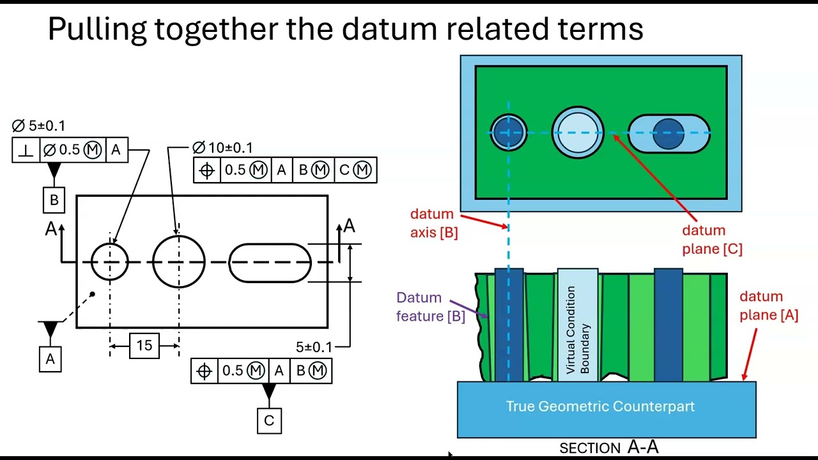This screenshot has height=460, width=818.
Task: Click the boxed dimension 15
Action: click(144, 346)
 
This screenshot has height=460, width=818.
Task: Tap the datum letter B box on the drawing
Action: click(54, 200)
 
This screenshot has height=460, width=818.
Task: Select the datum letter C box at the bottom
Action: click(269, 420)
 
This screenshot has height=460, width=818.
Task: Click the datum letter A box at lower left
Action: click(50, 359)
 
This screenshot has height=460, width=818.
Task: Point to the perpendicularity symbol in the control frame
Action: click(26, 149)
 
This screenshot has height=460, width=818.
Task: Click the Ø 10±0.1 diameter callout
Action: click(223, 148)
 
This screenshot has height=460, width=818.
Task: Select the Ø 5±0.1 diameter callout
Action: click(38, 126)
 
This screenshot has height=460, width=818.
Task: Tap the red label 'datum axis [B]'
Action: click(434, 223)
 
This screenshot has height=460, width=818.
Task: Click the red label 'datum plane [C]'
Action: click(713, 240)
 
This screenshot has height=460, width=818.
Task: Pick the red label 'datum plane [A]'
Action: click(769, 305)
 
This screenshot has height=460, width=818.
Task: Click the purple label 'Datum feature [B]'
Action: click(431, 307)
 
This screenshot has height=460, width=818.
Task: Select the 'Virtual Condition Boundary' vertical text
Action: click(578, 330)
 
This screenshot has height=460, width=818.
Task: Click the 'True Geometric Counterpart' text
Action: click(600, 406)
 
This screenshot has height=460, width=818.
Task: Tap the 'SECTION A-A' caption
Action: click(609, 447)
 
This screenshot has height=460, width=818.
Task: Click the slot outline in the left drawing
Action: click(270, 244)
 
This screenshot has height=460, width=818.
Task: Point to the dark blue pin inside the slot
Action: click(668, 134)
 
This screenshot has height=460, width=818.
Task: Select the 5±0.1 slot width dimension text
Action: click(314, 347)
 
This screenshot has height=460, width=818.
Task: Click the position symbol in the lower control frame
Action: click(204, 371)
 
